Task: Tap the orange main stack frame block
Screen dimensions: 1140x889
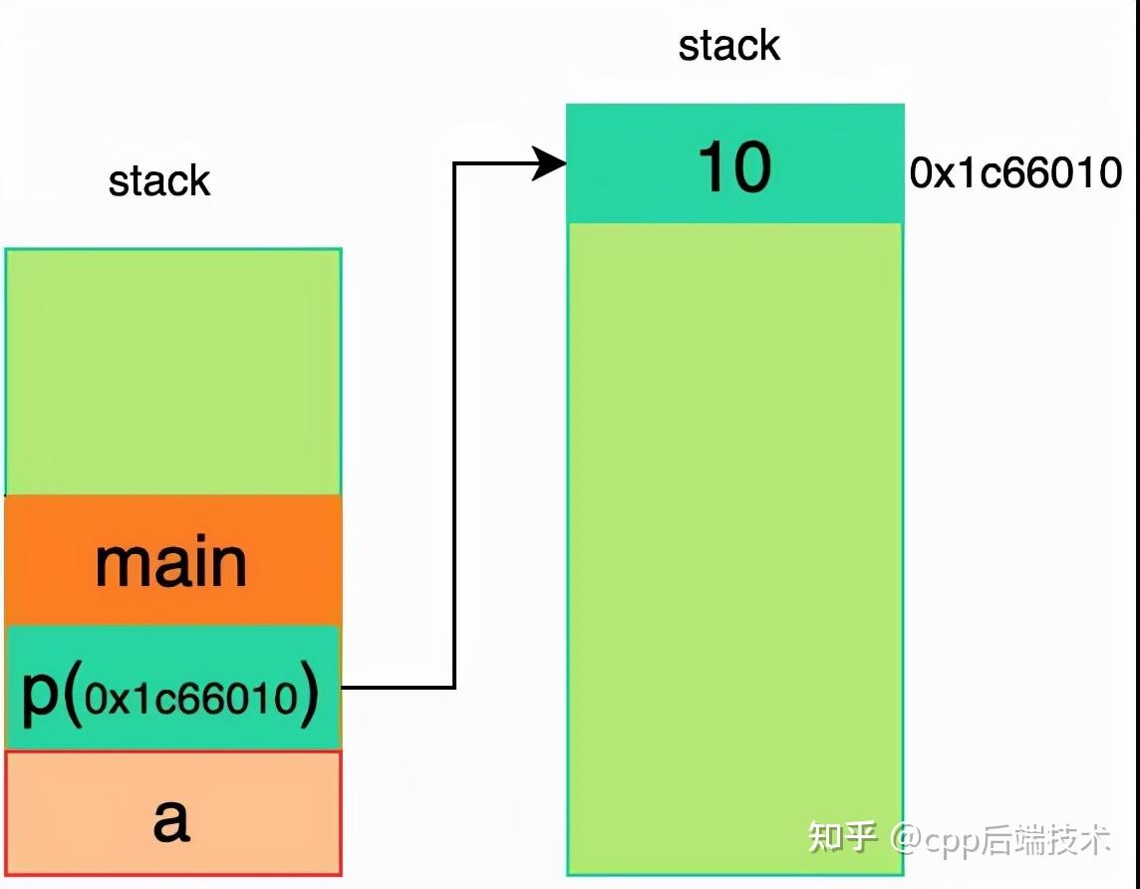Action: [x=173, y=560]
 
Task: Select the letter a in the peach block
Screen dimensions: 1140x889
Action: [x=171, y=819]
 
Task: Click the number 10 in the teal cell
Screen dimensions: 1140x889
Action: [x=734, y=167]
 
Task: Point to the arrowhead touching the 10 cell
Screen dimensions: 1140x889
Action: [x=550, y=163]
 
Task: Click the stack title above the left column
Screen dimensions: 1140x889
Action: [x=159, y=180]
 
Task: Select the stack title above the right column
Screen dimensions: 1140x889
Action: [x=729, y=45]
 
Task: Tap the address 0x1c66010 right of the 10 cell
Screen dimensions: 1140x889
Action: [x=1015, y=173]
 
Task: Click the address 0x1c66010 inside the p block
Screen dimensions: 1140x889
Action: [x=191, y=699]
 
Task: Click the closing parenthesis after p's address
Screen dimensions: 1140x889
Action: [x=310, y=695]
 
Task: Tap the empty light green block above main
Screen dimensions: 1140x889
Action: [x=173, y=372]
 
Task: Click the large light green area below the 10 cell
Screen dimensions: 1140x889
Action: [x=735, y=549]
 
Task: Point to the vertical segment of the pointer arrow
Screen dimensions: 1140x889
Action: [x=454, y=426]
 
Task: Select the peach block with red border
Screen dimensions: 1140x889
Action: [x=173, y=812]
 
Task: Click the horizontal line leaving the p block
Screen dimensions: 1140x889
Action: [x=399, y=687]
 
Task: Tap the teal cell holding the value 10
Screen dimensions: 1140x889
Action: [x=735, y=163]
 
